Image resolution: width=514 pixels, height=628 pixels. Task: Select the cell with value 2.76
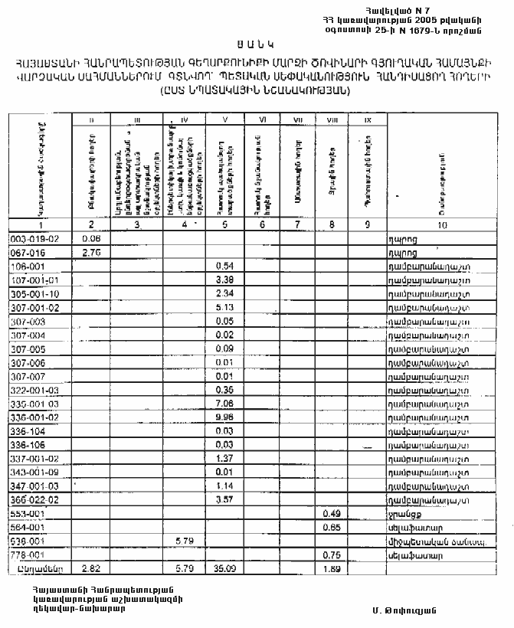click(x=92, y=252)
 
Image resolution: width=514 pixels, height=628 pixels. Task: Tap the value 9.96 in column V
click(x=224, y=416)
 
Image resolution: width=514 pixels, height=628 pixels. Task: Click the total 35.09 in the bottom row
click(x=224, y=569)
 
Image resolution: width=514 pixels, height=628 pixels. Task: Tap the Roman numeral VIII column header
click(x=331, y=119)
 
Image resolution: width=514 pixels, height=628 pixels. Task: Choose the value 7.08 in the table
click(x=224, y=403)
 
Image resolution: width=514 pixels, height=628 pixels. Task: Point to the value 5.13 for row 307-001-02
click(x=224, y=307)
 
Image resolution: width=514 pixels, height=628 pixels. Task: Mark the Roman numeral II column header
click(x=92, y=119)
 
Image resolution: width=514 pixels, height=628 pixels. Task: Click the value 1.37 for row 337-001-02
click(x=224, y=457)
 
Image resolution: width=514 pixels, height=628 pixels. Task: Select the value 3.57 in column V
click(x=224, y=499)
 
